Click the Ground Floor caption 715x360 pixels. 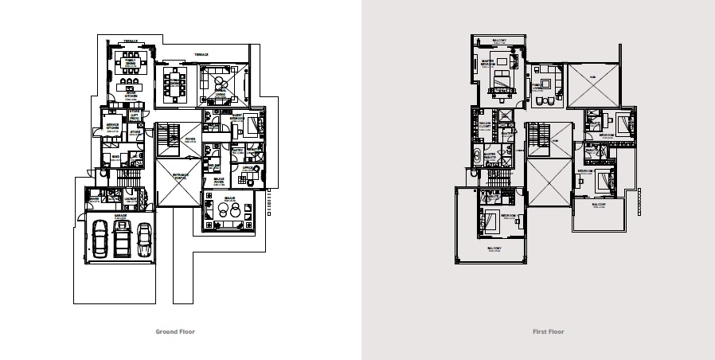pos(174,331)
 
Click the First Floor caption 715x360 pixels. pos(549,331)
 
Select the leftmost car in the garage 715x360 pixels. pos(100,238)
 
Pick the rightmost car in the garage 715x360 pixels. pos(144,238)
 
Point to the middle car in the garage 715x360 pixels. pos(122,238)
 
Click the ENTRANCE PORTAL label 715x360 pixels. pos(180,177)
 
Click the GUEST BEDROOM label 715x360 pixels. pos(237,116)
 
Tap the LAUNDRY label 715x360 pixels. pos(129,199)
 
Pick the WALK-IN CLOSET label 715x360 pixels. pos(483,124)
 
